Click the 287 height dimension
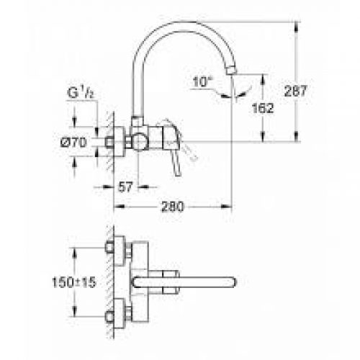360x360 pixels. tap(296, 91)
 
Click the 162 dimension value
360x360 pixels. tap(263, 108)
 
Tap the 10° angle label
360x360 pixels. tap(203, 81)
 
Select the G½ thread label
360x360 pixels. tap(81, 93)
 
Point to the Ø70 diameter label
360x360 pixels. tap(74, 143)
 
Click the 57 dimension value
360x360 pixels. tap(125, 187)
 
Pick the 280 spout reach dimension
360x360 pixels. tap(173, 207)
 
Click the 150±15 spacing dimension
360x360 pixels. tap(74, 282)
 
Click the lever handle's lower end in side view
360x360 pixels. tap(178, 174)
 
